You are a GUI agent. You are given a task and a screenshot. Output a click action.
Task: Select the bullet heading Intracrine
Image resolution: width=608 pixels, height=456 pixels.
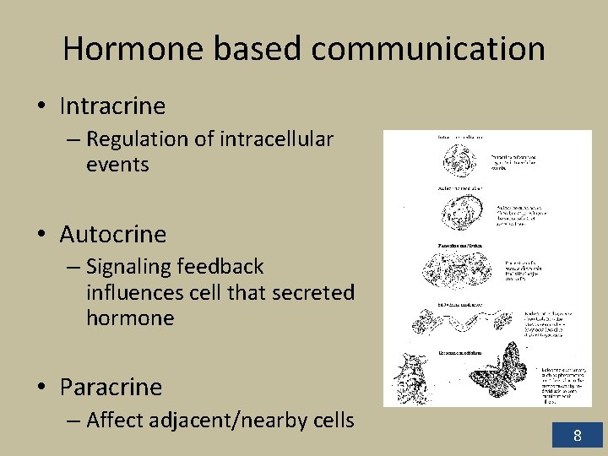click(x=112, y=106)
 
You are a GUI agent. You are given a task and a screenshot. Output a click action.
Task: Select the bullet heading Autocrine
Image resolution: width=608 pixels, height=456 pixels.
click(x=113, y=234)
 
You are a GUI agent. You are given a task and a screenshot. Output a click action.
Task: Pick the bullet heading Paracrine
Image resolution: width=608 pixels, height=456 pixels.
click(x=111, y=387)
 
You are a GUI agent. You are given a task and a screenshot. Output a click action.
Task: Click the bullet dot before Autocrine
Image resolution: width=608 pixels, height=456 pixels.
click(x=41, y=235)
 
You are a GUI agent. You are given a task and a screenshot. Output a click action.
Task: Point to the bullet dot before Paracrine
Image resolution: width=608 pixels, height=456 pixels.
click(x=41, y=388)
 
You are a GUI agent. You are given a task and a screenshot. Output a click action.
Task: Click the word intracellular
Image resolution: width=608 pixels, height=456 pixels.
click(x=276, y=138)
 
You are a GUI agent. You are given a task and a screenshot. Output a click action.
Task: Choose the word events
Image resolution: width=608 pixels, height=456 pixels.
click(x=117, y=165)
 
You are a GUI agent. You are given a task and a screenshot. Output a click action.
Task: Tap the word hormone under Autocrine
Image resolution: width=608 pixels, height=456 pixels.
click(x=130, y=318)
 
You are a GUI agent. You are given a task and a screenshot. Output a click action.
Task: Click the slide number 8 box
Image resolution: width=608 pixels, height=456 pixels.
click(x=578, y=436)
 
